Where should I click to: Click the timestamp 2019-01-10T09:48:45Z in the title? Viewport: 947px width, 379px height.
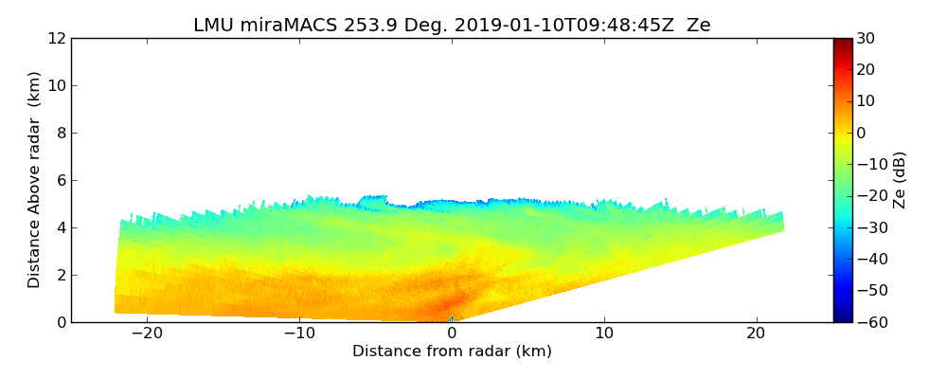click(x=555, y=26)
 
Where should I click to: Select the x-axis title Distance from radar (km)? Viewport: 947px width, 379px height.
click(x=452, y=352)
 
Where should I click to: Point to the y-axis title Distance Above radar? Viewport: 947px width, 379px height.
click(x=35, y=179)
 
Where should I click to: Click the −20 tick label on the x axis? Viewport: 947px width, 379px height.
click(x=147, y=334)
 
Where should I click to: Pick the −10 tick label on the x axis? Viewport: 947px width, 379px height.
click(x=299, y=334)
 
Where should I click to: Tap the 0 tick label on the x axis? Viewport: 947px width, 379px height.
click(x=452, y=334)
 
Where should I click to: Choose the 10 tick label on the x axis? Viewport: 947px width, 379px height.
click(x=604, y=334)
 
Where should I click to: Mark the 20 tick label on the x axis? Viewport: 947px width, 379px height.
click(x=756, y=334)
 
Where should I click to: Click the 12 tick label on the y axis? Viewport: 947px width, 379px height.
click(x=56, y=38)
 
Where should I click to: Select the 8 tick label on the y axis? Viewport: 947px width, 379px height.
click(x=61, y=133)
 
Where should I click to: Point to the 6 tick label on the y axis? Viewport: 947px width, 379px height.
click(x=61, y=180)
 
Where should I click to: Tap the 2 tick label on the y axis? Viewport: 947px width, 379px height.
click(x=61, y=275)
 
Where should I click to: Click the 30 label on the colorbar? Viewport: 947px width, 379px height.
click(x=865, y=38)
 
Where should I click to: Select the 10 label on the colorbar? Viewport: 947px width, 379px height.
click(x=865, y=101)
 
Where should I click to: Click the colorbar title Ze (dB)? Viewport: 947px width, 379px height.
click(x=900, y=179)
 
